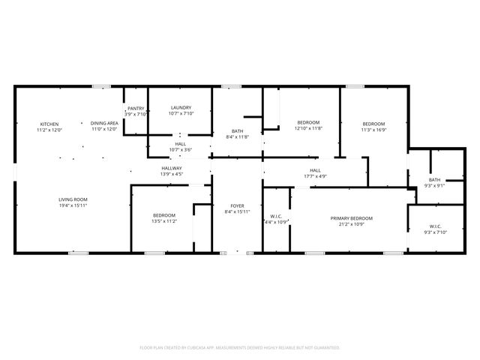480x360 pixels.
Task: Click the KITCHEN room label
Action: [49, 123]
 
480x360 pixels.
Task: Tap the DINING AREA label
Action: [104, 123]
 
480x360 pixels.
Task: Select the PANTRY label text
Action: [136, 108]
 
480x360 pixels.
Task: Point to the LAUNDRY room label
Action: [181, 108]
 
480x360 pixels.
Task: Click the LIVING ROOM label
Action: [73, 199]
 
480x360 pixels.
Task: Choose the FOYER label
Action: [237, 205]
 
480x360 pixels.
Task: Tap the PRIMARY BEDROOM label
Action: [351, 218]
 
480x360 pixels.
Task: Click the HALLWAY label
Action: [171, 168]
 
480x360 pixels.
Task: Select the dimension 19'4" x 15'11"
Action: [73, 205]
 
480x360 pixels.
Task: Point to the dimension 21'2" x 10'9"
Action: [351, 224]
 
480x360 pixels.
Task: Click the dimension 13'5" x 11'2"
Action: [164, 221]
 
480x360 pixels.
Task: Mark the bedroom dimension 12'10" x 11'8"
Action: [308, 128]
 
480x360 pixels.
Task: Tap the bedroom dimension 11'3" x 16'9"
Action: [373, 129]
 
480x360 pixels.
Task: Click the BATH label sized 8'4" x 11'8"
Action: [237, 131]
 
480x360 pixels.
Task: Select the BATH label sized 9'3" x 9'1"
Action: [435, 179]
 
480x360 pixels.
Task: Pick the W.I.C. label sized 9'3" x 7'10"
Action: [435, 226]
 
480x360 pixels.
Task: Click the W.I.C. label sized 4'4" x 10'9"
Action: [275, 216]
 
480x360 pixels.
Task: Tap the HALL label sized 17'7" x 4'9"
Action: [315, 170]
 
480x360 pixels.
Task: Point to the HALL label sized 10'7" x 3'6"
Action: [181, 144]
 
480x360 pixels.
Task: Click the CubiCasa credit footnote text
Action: [240, 347]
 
